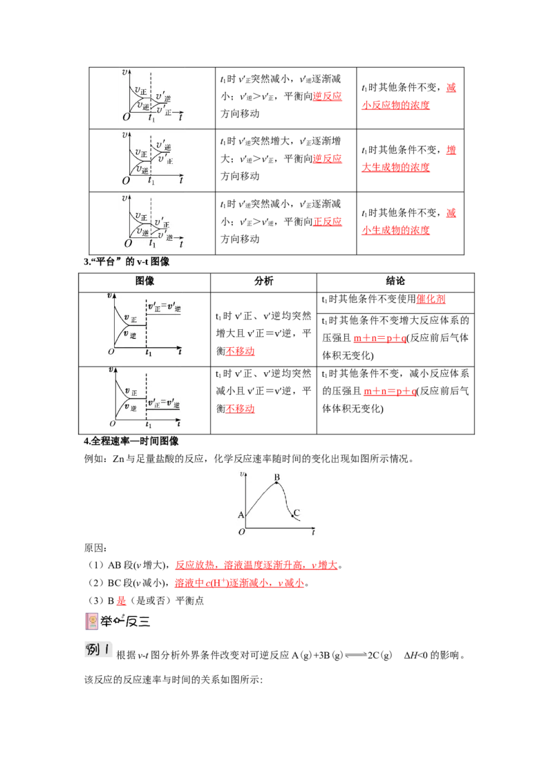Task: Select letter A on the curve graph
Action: click(241, 515)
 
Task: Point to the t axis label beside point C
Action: click(313, 533)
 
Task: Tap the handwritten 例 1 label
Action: click(99, 648)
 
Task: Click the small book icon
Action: click(92, 620)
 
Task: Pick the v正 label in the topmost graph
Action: click(141, 90)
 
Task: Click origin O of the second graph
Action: click(126, 181)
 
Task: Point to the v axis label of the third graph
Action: click(124, 198)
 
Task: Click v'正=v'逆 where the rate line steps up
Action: click(165, 307)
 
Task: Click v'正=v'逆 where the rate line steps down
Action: click(165, 404)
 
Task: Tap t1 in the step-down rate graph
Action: click(148, 425)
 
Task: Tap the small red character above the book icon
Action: click(121, 600)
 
